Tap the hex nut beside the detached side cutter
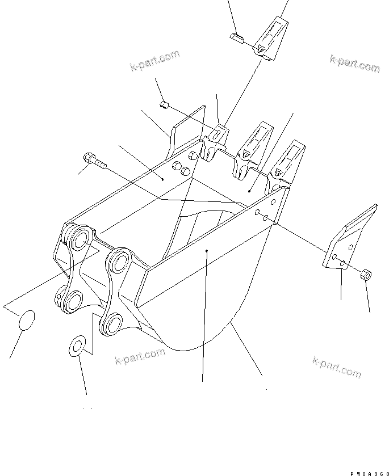click(x=366, y=276)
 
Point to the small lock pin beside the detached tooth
click(x=237, y=38)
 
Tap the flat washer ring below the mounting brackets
click(x=78, y=346)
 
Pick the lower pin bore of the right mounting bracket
click(x=110, y=324)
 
